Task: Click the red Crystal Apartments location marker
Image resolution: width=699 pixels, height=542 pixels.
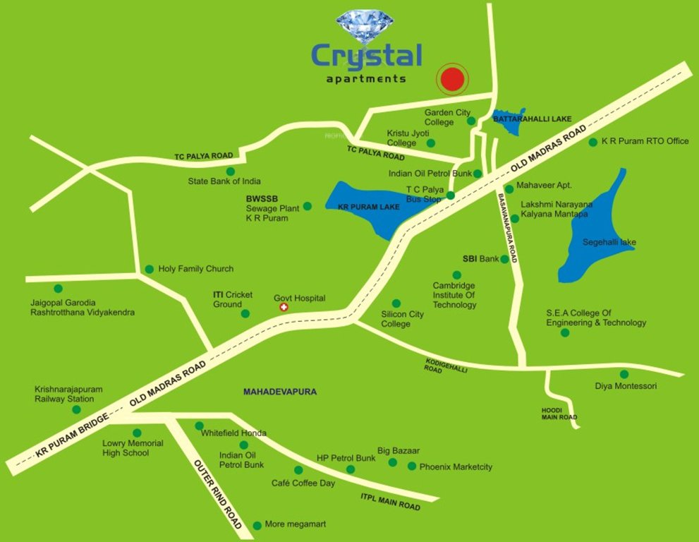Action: click(x=451, y=80)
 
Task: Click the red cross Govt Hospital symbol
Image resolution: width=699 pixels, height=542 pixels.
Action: click(x=284, y=308)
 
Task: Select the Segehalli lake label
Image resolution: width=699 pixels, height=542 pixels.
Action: click(x=609, y=243)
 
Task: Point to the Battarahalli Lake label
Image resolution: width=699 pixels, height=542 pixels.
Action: click(x=532, y=119)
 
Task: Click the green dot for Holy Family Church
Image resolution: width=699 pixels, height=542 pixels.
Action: click(x=150, y=269)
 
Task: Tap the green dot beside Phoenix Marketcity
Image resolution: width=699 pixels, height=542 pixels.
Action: click(x=412, y=466)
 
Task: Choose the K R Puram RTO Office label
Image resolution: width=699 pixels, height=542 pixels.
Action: click(x=645, y=141)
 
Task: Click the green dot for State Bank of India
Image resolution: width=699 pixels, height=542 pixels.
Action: click(x=230, y=171)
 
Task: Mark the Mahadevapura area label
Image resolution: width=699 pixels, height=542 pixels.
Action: click(x=280, y=391)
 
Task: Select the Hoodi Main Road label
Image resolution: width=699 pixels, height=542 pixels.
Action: click(x=559, y=414)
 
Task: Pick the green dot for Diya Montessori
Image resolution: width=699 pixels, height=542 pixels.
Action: click(x=624, y=374)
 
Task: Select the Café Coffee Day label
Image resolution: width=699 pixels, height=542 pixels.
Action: click(x=303, y=483)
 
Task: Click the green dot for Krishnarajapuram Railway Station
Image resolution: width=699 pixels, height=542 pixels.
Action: click(x=76, y=409)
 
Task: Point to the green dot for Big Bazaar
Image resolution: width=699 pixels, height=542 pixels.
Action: click(x=393, y=462)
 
